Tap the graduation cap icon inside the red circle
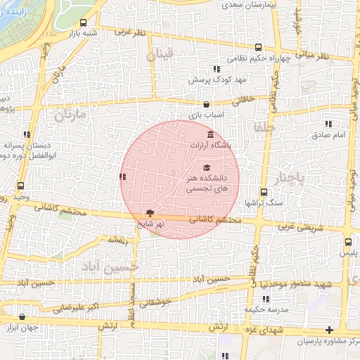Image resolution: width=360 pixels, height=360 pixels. (x=207, y=167)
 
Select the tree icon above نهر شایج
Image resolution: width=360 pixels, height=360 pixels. (x=150, y=212)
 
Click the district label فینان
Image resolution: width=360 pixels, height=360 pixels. (x=160, y=56)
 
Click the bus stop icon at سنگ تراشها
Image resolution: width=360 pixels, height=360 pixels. (x=264, y=192)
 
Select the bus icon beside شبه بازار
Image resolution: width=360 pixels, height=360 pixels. (x=84, y=22)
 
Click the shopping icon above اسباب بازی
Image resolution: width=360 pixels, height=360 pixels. (x=205, y=104)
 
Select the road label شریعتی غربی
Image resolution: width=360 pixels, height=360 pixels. (x=302, y=226)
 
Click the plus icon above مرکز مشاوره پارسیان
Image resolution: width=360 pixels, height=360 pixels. (x=329, y=330)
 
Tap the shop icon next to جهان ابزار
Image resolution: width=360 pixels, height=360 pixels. (x=6, y=328)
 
